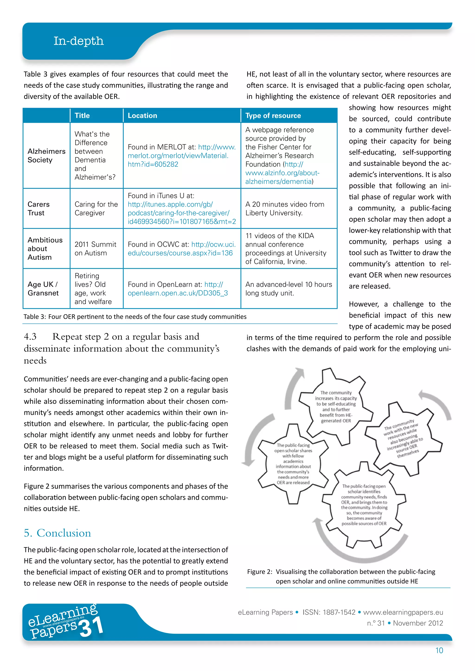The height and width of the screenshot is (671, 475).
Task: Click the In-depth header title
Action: click(78, 41)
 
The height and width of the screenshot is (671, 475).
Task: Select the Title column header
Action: click(82, 115)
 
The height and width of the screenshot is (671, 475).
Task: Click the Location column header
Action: click(142, 115)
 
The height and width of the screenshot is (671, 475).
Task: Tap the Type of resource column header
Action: click(273, 115)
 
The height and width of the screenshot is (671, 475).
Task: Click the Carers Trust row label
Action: click(38, 208)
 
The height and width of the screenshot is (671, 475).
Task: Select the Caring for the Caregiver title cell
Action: click(96, 208)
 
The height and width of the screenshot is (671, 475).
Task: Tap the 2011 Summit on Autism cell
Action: click(95, 248)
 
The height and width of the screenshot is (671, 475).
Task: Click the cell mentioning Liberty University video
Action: click(285, 208)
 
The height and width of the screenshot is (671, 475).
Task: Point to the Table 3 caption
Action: click(135, 317)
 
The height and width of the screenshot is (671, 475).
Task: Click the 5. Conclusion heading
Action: click(57, 533)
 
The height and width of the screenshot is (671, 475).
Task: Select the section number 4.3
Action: click(30, 337)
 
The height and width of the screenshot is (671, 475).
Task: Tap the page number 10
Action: click(439, 650)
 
